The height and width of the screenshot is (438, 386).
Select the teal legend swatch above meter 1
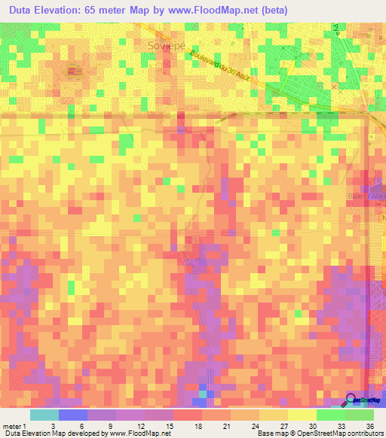pos(44,415)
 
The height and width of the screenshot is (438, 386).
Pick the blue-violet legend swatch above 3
pos(73,415)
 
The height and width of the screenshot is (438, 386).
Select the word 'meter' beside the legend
pos(12,425)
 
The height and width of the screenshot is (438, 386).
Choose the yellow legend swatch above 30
pos(302,415)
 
